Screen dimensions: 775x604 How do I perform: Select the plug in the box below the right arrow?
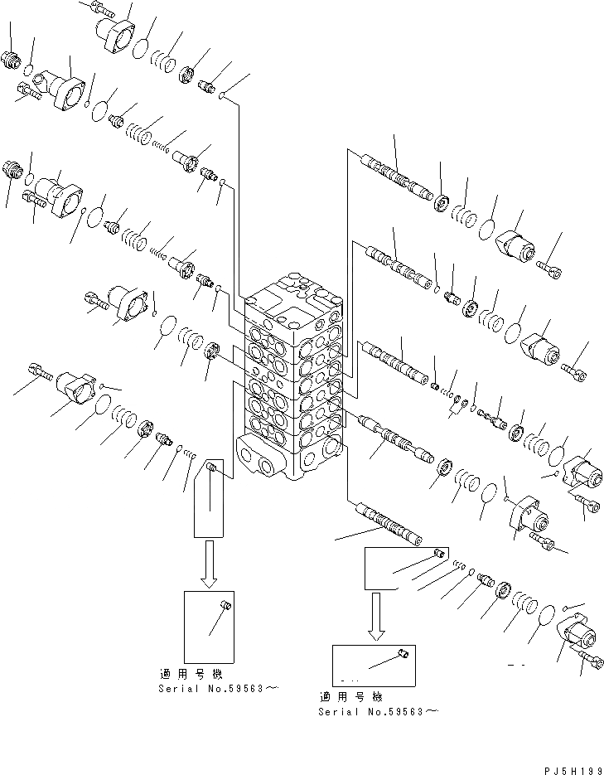pos(403,656)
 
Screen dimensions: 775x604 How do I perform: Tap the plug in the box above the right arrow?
pos(440,552)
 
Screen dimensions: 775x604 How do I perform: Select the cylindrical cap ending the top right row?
pos(518,247)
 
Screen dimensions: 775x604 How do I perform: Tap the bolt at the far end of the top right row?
pos(553,268)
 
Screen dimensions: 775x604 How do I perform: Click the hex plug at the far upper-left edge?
pos(12,59)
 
